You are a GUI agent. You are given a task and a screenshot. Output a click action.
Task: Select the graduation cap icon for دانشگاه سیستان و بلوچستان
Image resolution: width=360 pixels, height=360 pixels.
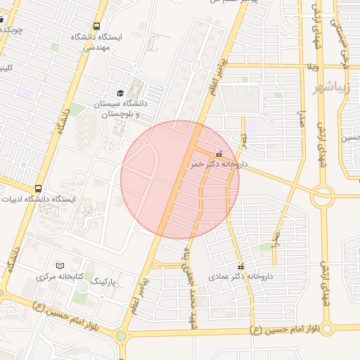coord(120,93)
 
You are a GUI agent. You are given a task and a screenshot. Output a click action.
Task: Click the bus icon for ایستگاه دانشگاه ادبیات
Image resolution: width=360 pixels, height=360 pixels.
coord(37,188)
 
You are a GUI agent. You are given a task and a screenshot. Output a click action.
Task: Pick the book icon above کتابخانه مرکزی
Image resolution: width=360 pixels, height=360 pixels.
coord(59,265)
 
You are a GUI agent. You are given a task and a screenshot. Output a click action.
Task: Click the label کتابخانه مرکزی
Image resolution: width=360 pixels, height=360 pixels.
coord(56,276)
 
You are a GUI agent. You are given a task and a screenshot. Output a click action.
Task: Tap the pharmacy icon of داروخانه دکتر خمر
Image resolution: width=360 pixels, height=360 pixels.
coord(219,153)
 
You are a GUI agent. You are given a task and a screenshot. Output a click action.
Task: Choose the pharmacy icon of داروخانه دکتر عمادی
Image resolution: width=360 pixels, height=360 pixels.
coord(242,267)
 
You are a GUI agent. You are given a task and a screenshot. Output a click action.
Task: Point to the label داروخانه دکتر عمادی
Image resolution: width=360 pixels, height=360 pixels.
coord(240,277)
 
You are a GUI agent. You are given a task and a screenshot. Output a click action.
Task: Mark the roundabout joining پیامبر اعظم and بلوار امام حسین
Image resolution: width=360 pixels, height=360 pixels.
coord(121,335)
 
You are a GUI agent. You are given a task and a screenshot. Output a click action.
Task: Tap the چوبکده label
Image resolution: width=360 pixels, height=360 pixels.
coord(12,30)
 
